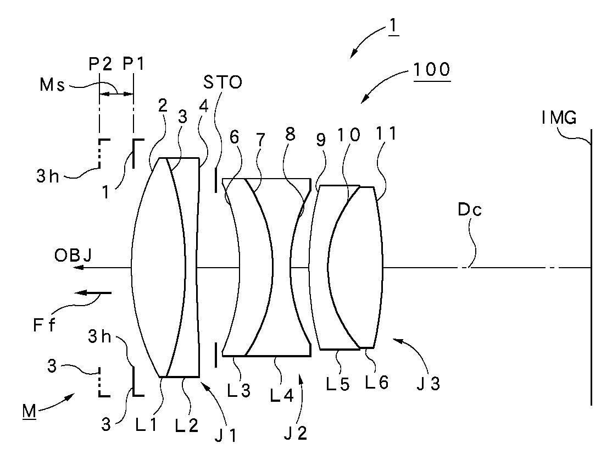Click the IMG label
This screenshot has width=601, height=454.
click(559, 118)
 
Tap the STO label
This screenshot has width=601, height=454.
click(222, 82)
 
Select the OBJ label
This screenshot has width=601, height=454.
click(73, 256)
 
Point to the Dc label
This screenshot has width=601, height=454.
click(470, 209)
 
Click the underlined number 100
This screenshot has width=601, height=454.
click(432, 70)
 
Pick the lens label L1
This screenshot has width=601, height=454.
click(146, 425)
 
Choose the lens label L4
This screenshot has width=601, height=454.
click(282, 396)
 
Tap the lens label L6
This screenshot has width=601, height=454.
click(377, 383)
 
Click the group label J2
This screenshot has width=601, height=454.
click(296, 433)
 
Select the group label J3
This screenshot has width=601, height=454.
click(428, 384)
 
